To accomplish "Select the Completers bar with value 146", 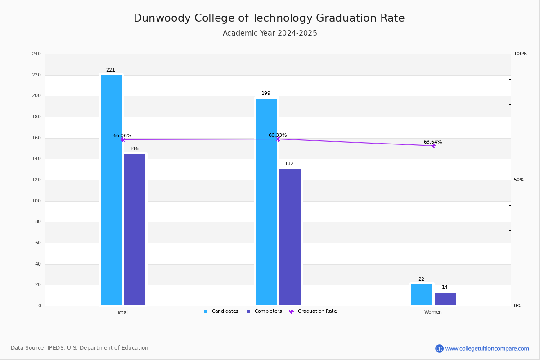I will [135, 229].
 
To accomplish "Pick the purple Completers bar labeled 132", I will [290, 237].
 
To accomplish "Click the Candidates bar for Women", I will [422, 295].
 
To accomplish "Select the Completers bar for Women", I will [445, 299].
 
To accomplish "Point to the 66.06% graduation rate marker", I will [122, 139].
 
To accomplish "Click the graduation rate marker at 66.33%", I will [278, 139].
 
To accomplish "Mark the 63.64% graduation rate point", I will [433, 146].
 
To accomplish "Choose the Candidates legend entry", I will [221, 311].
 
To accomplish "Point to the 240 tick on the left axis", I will [36, 54].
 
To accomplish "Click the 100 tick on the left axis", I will [36, 201].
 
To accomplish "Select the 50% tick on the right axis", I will [519, 180].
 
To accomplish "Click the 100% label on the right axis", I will [520, 54].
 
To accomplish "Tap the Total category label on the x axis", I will [122, 312].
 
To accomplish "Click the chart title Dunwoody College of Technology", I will [269, 18].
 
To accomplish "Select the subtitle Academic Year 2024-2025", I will [270, 33].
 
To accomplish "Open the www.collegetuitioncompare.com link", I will [487, 348].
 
